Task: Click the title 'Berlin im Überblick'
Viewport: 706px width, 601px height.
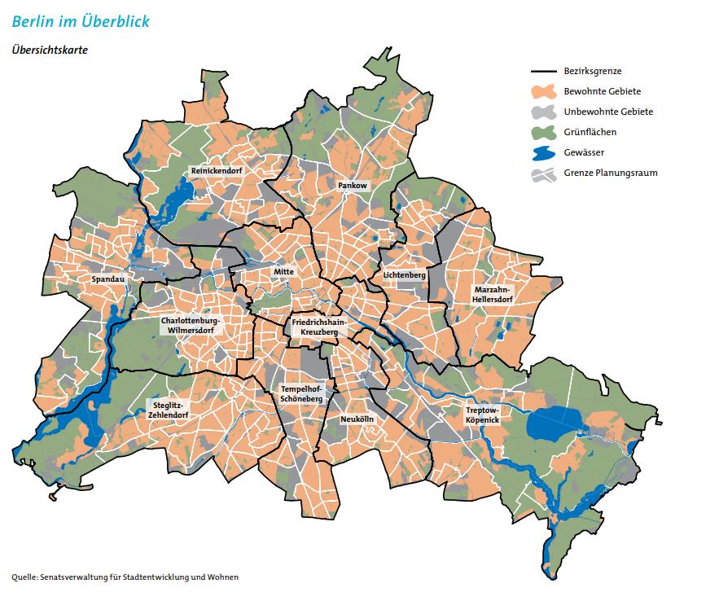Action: point(81,20)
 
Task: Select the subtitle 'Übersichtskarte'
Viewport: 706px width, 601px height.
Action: point(49,49)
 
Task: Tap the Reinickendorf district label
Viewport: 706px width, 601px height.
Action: point(211,171)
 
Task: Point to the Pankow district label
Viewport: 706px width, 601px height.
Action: point(353,186)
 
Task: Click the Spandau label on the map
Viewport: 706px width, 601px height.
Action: point(107,279)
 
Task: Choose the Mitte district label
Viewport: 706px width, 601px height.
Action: point(283,271)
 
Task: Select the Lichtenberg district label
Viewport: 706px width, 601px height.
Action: point(405,275)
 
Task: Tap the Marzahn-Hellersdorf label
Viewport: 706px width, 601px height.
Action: point(493,294)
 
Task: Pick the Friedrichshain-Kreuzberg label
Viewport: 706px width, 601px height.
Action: point(319,328)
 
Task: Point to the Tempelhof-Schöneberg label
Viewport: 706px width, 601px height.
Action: point(301,394)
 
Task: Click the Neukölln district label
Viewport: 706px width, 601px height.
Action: point(357,418)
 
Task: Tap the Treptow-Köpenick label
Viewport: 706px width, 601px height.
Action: point(482,415)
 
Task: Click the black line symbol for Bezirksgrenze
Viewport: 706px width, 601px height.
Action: point(544,72)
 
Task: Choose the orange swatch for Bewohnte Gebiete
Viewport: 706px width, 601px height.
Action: point(544,91)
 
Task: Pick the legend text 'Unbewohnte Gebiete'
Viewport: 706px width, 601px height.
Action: point(608,112)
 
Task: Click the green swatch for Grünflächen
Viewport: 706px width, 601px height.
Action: point(544,131)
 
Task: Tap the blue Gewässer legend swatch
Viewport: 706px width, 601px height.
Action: point(544,152)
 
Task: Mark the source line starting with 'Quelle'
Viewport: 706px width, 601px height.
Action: point(125,577)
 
